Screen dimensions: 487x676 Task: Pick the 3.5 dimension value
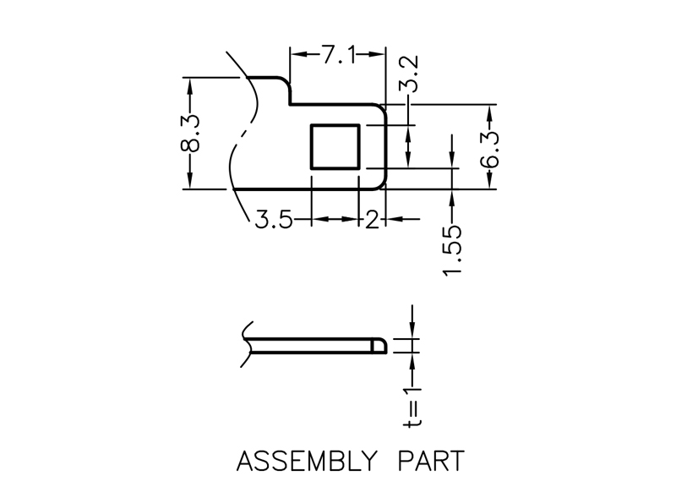274,222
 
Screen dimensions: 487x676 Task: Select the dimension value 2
371,222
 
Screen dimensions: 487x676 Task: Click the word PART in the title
430,462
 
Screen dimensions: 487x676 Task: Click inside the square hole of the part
337,145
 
